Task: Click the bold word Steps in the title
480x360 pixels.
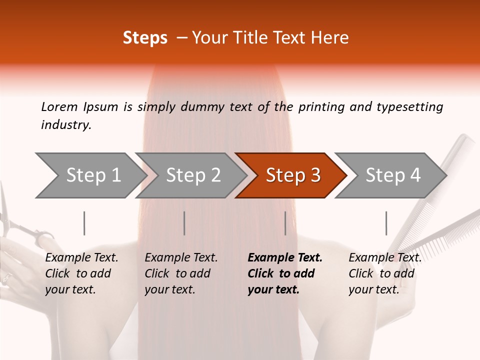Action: point(145,38)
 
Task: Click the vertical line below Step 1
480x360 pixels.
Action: point(84,223)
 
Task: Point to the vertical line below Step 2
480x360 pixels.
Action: point(184,223)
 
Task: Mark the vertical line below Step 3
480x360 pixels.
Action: point(285,223)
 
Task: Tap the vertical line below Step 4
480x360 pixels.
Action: point(386,223)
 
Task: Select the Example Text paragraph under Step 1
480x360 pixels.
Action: point(81,273)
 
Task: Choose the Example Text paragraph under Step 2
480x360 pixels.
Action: point(181,273)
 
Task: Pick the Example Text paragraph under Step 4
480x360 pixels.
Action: point(385,273)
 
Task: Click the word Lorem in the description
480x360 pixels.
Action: point(59,107)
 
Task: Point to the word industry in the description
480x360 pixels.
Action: point(66,125)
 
